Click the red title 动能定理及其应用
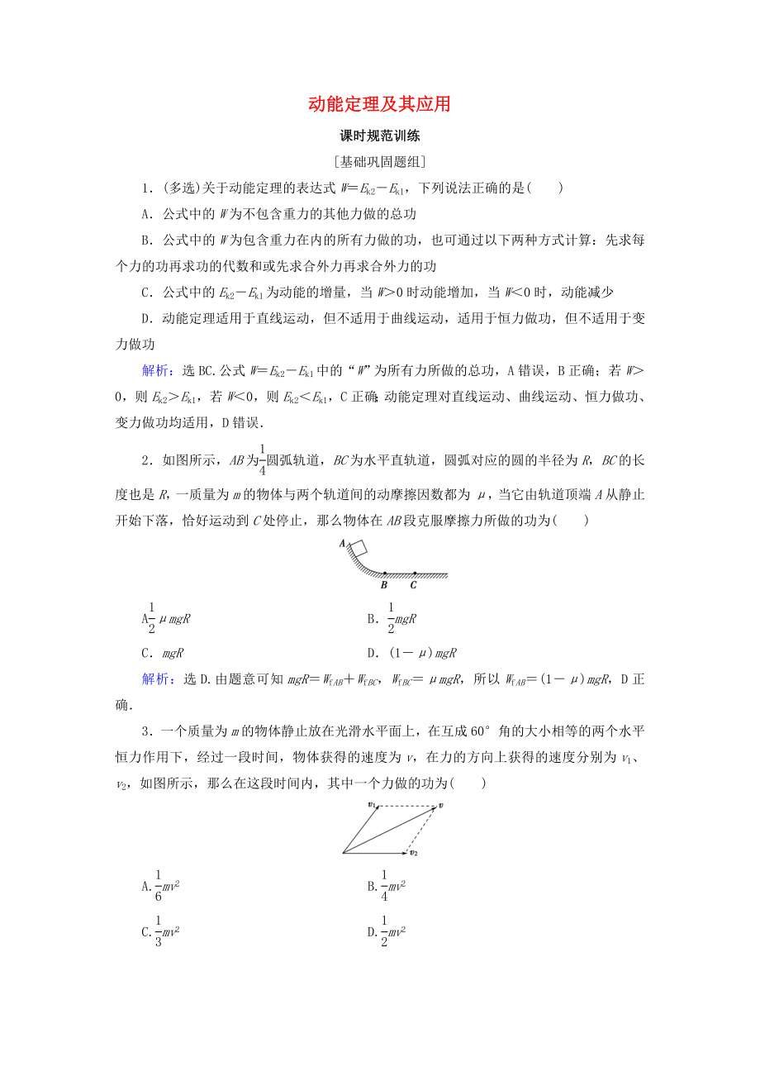pyautogui.click(x=379, y=104)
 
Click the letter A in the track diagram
pyautogui.click(x=341, y=543)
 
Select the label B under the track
pyautogui.click(x=384, y=585)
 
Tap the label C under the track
pyautogui.click(x=413, y=585)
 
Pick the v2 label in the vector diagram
pyautogui.click(x=414, y=852)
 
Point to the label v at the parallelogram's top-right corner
pyautogui.click(x=441, y=804)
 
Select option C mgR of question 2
pyautogui.click(x=163, y=653)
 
